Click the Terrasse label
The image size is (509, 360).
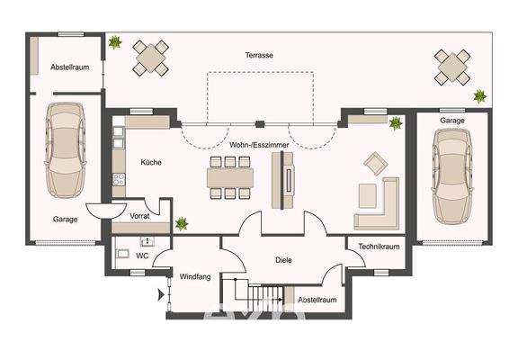[259, 55]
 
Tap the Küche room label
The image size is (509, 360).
[150, 162]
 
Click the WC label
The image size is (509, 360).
[142, 255]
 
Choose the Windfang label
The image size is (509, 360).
[194, 276]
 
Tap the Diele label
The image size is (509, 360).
[284, 260]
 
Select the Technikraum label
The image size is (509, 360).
[378, 246]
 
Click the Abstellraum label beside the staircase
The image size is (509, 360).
[317, 300]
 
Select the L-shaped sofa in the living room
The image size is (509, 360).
[382, 205]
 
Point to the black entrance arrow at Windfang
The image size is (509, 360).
[161, 293]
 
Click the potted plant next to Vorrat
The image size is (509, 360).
[183, 221]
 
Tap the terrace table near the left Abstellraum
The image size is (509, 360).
[151, 58]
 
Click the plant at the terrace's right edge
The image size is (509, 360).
[480, 94]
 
